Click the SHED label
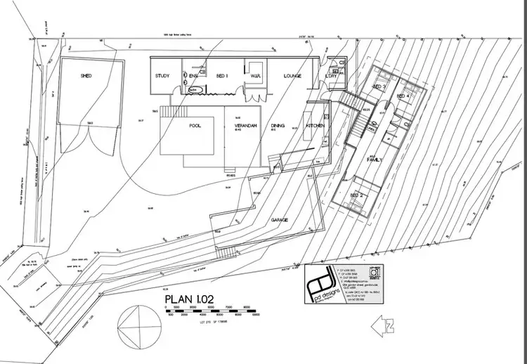tap(86, 76)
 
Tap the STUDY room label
tap(163, 76)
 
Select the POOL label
tap(195, 126)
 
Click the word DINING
tap(278, 126)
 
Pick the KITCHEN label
tap(314, 126)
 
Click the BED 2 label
tap(357, 195)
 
